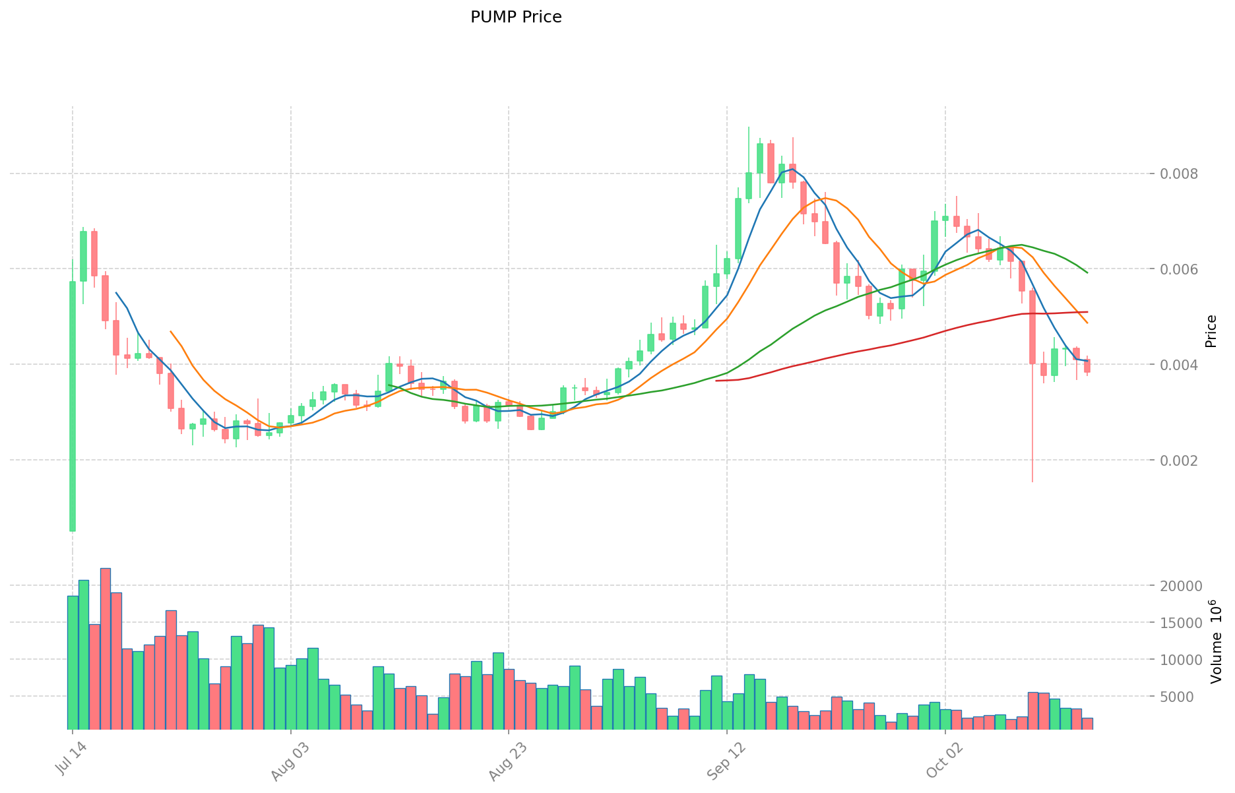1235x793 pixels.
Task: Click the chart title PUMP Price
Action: (516, 17)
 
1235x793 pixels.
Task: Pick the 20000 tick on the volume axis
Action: (1186, 586)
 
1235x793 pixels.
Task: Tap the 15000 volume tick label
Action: (1186, 623)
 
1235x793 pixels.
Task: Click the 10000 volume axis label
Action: (1186, 660)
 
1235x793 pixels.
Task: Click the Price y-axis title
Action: (1211, 331)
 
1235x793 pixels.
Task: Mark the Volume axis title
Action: (1216, 641)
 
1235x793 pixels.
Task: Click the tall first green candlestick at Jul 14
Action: (73, 406)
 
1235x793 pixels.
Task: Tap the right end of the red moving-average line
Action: (1087, 311)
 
